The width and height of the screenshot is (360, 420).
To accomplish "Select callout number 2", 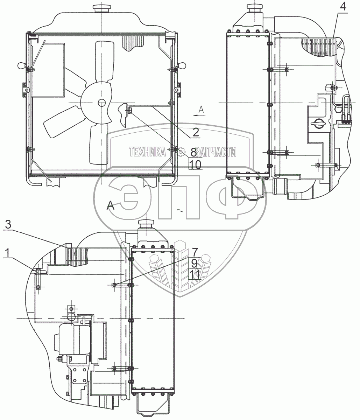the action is [195, 132].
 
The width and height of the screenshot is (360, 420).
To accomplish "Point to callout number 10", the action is [195, 164].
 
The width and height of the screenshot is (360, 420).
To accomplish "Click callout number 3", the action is [8, 225].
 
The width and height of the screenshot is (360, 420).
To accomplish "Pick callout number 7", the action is [195, 251].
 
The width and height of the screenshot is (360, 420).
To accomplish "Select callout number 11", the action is [195, 274].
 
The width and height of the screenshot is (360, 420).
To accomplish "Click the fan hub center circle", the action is [101, 103].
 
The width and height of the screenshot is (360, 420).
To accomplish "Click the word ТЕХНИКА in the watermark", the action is [147, 152].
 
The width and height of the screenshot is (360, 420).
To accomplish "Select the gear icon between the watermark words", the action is [181, 152].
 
